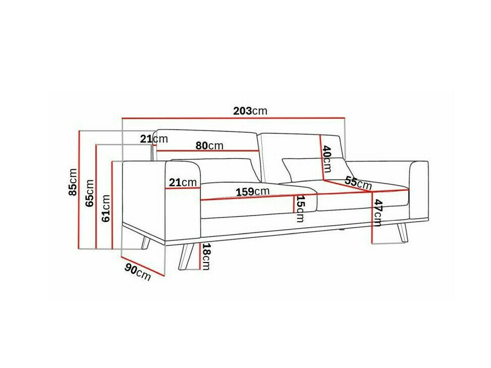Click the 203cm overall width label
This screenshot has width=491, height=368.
pos(250,111)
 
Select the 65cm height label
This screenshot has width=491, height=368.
pos(90,193)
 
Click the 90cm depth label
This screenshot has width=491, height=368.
pos(138,273)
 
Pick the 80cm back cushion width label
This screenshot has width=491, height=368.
pos(209,145)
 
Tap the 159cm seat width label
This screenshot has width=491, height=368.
pos(252,192)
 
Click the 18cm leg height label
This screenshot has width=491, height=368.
pos(205,255)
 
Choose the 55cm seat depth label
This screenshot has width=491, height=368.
pos(358,183)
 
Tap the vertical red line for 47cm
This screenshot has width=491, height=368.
pos(372,217)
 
